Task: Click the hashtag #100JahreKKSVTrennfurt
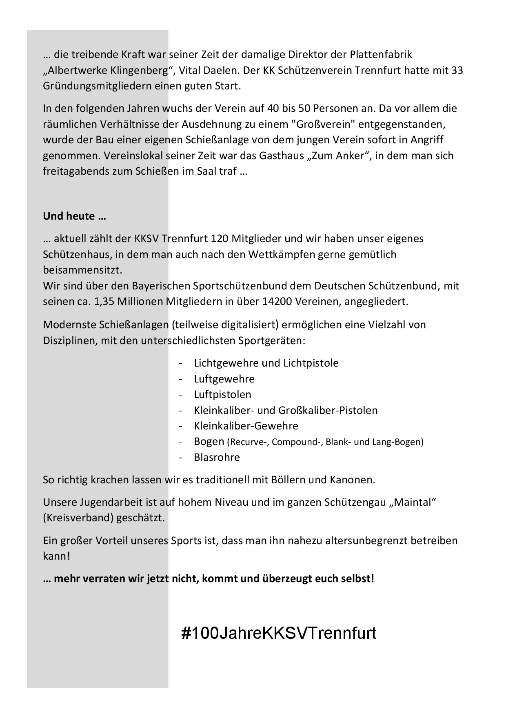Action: [x=279, y=633]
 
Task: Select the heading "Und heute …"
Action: [x=74, y=216]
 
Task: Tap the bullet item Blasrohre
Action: [x=217, y=457]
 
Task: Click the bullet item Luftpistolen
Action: [x=222, y=394]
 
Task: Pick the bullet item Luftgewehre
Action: [x=224, y=379]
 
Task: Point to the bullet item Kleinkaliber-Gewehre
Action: [x=246, y=426]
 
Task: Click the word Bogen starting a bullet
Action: [x=209, y=441]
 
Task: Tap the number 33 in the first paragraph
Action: [x=457, y=70]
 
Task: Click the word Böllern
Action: [x=288, y=480]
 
